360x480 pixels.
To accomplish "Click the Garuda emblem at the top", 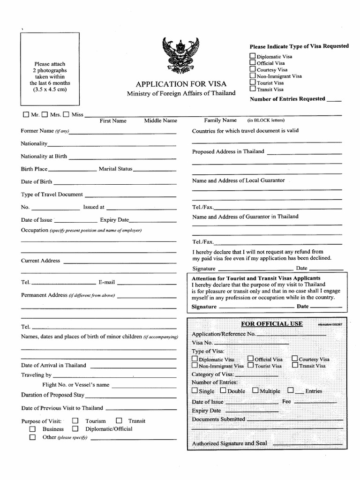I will point(180,55).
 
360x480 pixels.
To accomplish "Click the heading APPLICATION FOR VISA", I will point(181,84).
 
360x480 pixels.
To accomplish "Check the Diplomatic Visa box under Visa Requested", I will point(253,56).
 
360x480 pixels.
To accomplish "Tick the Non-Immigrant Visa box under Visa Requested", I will point(253,75).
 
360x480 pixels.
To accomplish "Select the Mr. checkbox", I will point(26,114).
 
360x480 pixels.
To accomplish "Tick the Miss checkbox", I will point(66,114).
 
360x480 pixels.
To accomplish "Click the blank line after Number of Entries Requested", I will point(334,100).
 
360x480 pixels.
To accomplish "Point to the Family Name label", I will point(220,120).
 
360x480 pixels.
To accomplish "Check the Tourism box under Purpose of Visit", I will point(75,421).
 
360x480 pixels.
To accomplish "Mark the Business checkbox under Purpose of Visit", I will point(32,429).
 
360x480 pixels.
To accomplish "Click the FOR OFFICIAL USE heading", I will point(272,324).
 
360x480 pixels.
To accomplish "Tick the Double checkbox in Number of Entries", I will point(223,390).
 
